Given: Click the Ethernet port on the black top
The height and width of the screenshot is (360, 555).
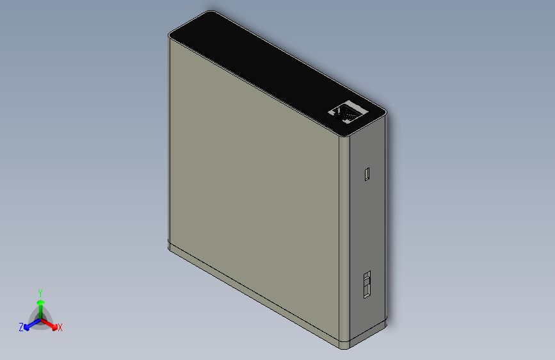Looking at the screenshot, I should tap(348, 112).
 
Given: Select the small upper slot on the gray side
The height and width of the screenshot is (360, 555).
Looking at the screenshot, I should tap(367, 174).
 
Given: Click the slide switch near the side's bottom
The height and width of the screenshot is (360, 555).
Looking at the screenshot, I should tap(367, 284).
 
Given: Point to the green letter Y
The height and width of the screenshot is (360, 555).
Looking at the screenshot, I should tap(40, 292).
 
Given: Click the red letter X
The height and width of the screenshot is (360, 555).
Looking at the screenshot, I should tap(60, 327).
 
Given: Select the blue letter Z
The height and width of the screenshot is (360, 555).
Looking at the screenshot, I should tap(21, 327).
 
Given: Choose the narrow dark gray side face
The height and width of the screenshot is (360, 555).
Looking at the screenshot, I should tap(369, 224).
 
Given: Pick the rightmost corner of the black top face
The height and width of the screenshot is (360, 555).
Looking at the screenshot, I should tap(386, 113).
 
